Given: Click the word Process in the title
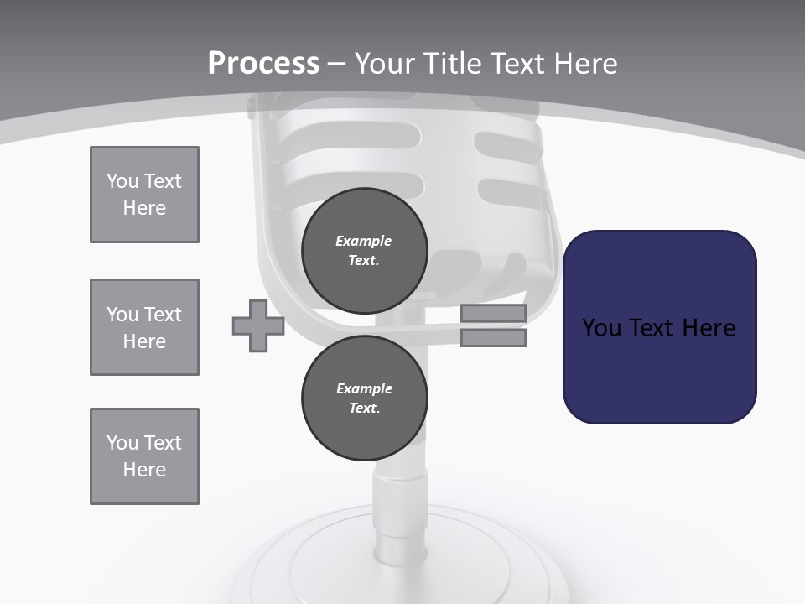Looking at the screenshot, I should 263,63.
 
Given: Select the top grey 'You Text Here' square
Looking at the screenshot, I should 144,195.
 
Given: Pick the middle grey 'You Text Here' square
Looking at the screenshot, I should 144,327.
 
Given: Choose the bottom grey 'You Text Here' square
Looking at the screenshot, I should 144,456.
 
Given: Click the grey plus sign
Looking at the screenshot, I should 258,325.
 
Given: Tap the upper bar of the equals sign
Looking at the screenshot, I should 493,314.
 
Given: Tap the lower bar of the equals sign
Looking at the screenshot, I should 493,338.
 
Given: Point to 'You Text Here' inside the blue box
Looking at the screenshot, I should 659,328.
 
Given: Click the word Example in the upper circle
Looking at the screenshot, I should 364,241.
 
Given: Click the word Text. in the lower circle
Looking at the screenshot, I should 364,409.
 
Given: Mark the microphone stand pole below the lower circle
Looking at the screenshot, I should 394,495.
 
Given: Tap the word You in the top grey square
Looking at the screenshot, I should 123,181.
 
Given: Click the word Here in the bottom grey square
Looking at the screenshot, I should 144,470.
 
